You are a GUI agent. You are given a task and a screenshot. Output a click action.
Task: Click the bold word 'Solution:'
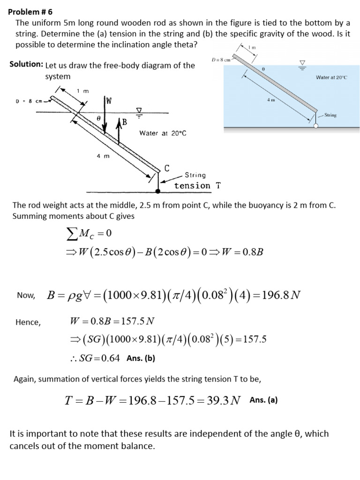[27, 64]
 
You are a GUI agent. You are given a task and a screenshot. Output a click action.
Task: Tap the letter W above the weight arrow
[109, 100]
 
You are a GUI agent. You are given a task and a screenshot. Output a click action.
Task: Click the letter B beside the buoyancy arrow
[124, 123]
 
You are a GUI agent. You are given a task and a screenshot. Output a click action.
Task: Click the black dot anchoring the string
[157, 191]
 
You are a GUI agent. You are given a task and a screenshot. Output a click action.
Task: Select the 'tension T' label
[197, 186]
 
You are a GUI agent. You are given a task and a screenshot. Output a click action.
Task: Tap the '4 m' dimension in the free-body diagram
[103, 157]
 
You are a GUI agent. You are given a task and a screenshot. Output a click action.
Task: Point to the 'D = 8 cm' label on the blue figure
[221, 60]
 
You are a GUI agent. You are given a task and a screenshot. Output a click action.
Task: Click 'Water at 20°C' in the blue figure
[331, 77]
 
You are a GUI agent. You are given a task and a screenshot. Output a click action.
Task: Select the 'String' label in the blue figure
[330, 115]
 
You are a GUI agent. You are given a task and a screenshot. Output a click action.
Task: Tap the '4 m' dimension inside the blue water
[270, 100]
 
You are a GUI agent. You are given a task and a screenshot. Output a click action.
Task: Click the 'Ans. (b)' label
[141, 358]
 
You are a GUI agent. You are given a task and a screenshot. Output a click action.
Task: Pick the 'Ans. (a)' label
[263, 400]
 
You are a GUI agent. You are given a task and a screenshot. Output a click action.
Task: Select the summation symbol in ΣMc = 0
[73, 233]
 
